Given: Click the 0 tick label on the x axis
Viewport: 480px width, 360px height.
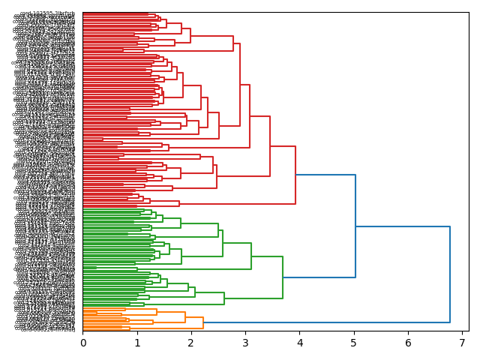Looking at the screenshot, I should (82, 343).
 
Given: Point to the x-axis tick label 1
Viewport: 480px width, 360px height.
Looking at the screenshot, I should (137, 343).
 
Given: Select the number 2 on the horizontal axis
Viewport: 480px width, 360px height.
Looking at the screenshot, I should (191, 343).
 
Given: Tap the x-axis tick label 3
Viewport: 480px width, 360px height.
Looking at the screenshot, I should (245, 343).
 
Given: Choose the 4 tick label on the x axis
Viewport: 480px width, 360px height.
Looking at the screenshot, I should (300, 343).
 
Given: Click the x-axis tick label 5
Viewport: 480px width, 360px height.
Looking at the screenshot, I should (354, 343).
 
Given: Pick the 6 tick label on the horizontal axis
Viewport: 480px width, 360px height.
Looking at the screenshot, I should (408, 343).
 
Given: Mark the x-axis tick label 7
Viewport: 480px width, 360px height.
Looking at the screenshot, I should (462, 343).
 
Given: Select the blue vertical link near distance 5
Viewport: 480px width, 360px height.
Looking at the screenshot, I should (355, 226).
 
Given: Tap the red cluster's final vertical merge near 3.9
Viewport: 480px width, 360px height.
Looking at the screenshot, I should (295, 175).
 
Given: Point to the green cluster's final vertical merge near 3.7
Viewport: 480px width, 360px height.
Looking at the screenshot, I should (283, 277).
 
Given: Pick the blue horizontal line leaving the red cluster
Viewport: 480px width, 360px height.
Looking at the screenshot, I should (325, 175).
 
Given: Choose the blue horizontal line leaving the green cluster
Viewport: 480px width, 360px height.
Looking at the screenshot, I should (319, 277).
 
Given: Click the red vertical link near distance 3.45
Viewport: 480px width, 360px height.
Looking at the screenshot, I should (270, 146).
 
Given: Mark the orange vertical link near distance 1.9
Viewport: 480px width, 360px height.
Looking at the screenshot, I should (185, 317).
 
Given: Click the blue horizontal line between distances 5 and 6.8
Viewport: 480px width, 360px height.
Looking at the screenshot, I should (403, 226).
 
